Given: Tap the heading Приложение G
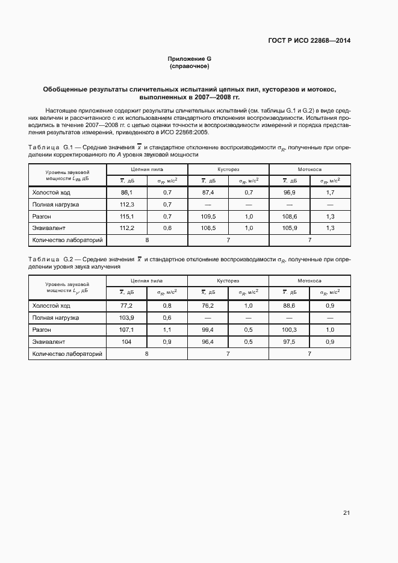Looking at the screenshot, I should point(189,58).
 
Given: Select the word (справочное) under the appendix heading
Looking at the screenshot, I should point(189,66).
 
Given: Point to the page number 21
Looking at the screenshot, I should point(346,513).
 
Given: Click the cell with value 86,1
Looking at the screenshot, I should point(126,192).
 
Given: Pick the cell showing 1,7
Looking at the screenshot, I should point(329,192).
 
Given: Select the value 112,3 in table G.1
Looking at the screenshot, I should point(126,204).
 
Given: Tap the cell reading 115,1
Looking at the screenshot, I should point(126,216).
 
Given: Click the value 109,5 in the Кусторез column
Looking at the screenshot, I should point(208,216).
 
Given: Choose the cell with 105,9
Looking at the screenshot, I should point(289,228).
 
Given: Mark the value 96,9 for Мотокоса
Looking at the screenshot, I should point(289,192).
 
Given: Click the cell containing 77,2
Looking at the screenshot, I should point(126,306).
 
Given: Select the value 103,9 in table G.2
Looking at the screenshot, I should point(126,317).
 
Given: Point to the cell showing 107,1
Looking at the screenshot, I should point(126,330).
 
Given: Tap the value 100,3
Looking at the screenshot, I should point(289,330).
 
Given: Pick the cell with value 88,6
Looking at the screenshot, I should point(289,306).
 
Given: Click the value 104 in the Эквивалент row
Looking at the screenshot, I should point(126,342).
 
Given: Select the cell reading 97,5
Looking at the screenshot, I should point(289,342).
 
